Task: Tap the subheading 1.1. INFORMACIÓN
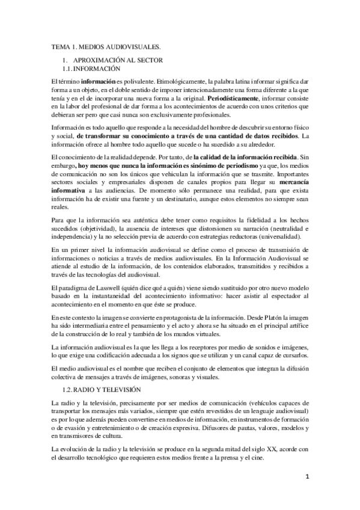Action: coord(96,70)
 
